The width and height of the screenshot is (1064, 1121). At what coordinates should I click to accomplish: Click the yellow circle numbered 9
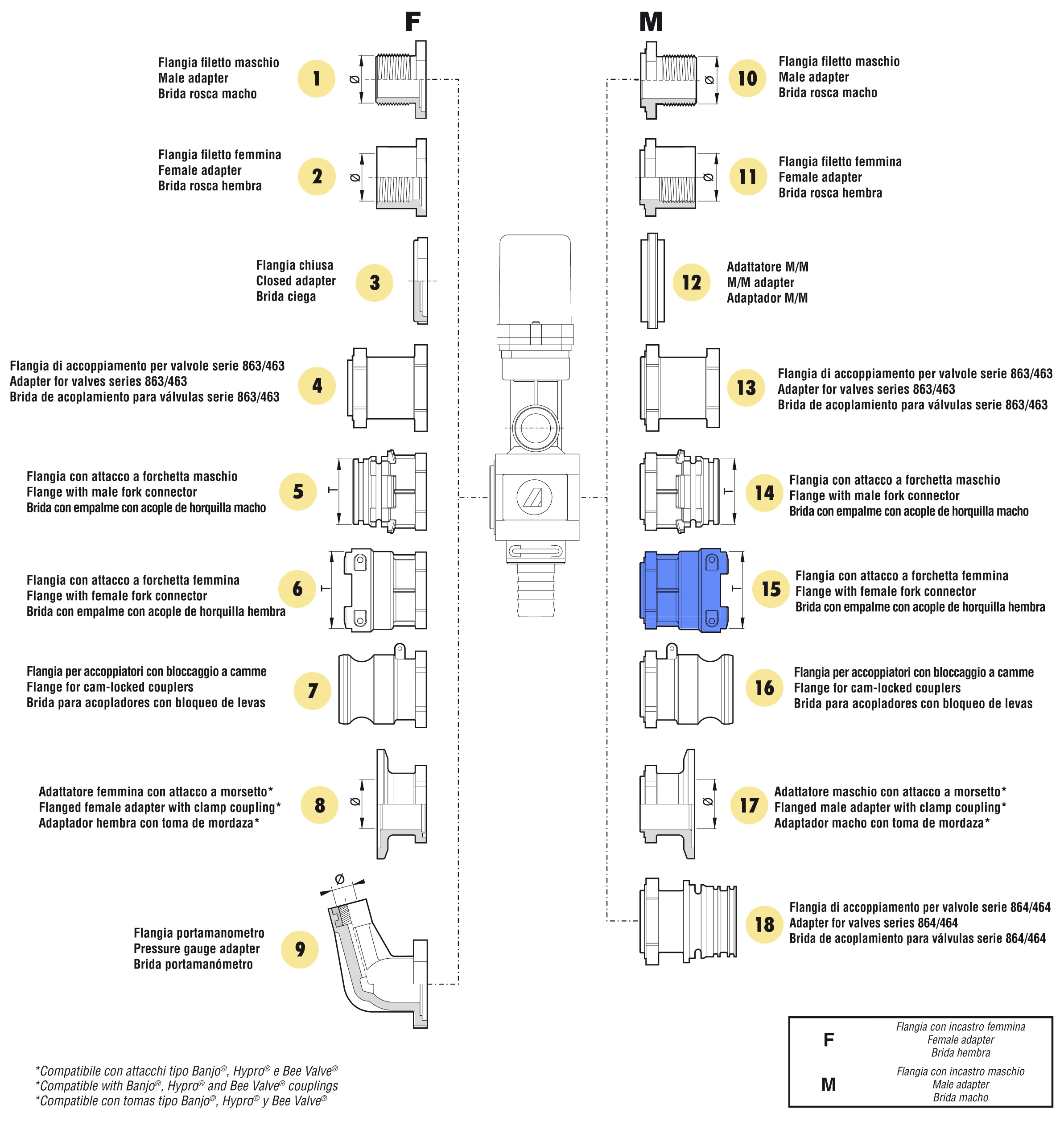click(x=300, y=948)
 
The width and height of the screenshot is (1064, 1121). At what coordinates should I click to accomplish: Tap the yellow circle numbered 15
click(x=771, y=589)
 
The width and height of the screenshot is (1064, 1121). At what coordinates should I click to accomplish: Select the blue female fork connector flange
click(x=684, y=589)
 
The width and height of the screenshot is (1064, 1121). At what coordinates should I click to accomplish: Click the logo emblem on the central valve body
click(x=534, y=497)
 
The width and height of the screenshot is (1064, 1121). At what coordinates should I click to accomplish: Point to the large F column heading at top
click(x=412, y=21)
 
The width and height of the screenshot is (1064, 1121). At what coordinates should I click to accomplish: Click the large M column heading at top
click(x=651, y=21)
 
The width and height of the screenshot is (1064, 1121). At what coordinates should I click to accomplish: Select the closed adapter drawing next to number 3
click(x=420, y=280)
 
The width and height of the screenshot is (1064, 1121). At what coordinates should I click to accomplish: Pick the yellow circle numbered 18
click(x=764, y=924)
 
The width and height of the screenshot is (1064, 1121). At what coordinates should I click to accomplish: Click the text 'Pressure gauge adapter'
click(x=196, y=948)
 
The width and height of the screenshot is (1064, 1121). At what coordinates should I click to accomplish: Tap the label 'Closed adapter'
click(x=296, y=280)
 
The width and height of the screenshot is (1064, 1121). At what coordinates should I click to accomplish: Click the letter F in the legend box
click(x=828, y=1039)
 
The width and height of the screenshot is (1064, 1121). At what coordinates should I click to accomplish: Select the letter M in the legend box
click(x=828, y=1084)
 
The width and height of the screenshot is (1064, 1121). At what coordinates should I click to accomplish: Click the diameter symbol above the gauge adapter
click(x=340, y=879)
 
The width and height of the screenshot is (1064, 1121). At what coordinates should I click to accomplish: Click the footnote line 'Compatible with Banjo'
click(x=186, y=1086)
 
